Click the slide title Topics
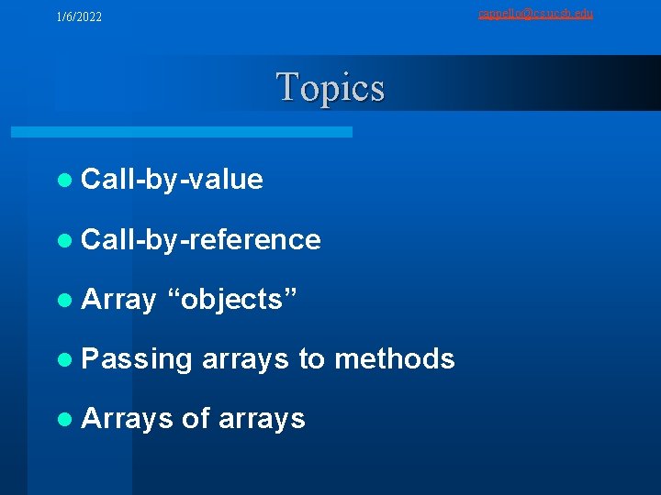330,88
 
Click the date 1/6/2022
79,17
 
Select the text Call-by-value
172,180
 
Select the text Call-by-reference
200,240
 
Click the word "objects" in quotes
232,300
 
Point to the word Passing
137,359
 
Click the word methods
394,358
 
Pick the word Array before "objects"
118,300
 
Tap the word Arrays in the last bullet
127,418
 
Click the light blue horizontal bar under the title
181,132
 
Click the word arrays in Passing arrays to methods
245,359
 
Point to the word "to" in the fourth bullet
311,358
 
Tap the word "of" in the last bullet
196,418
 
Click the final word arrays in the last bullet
262,419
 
